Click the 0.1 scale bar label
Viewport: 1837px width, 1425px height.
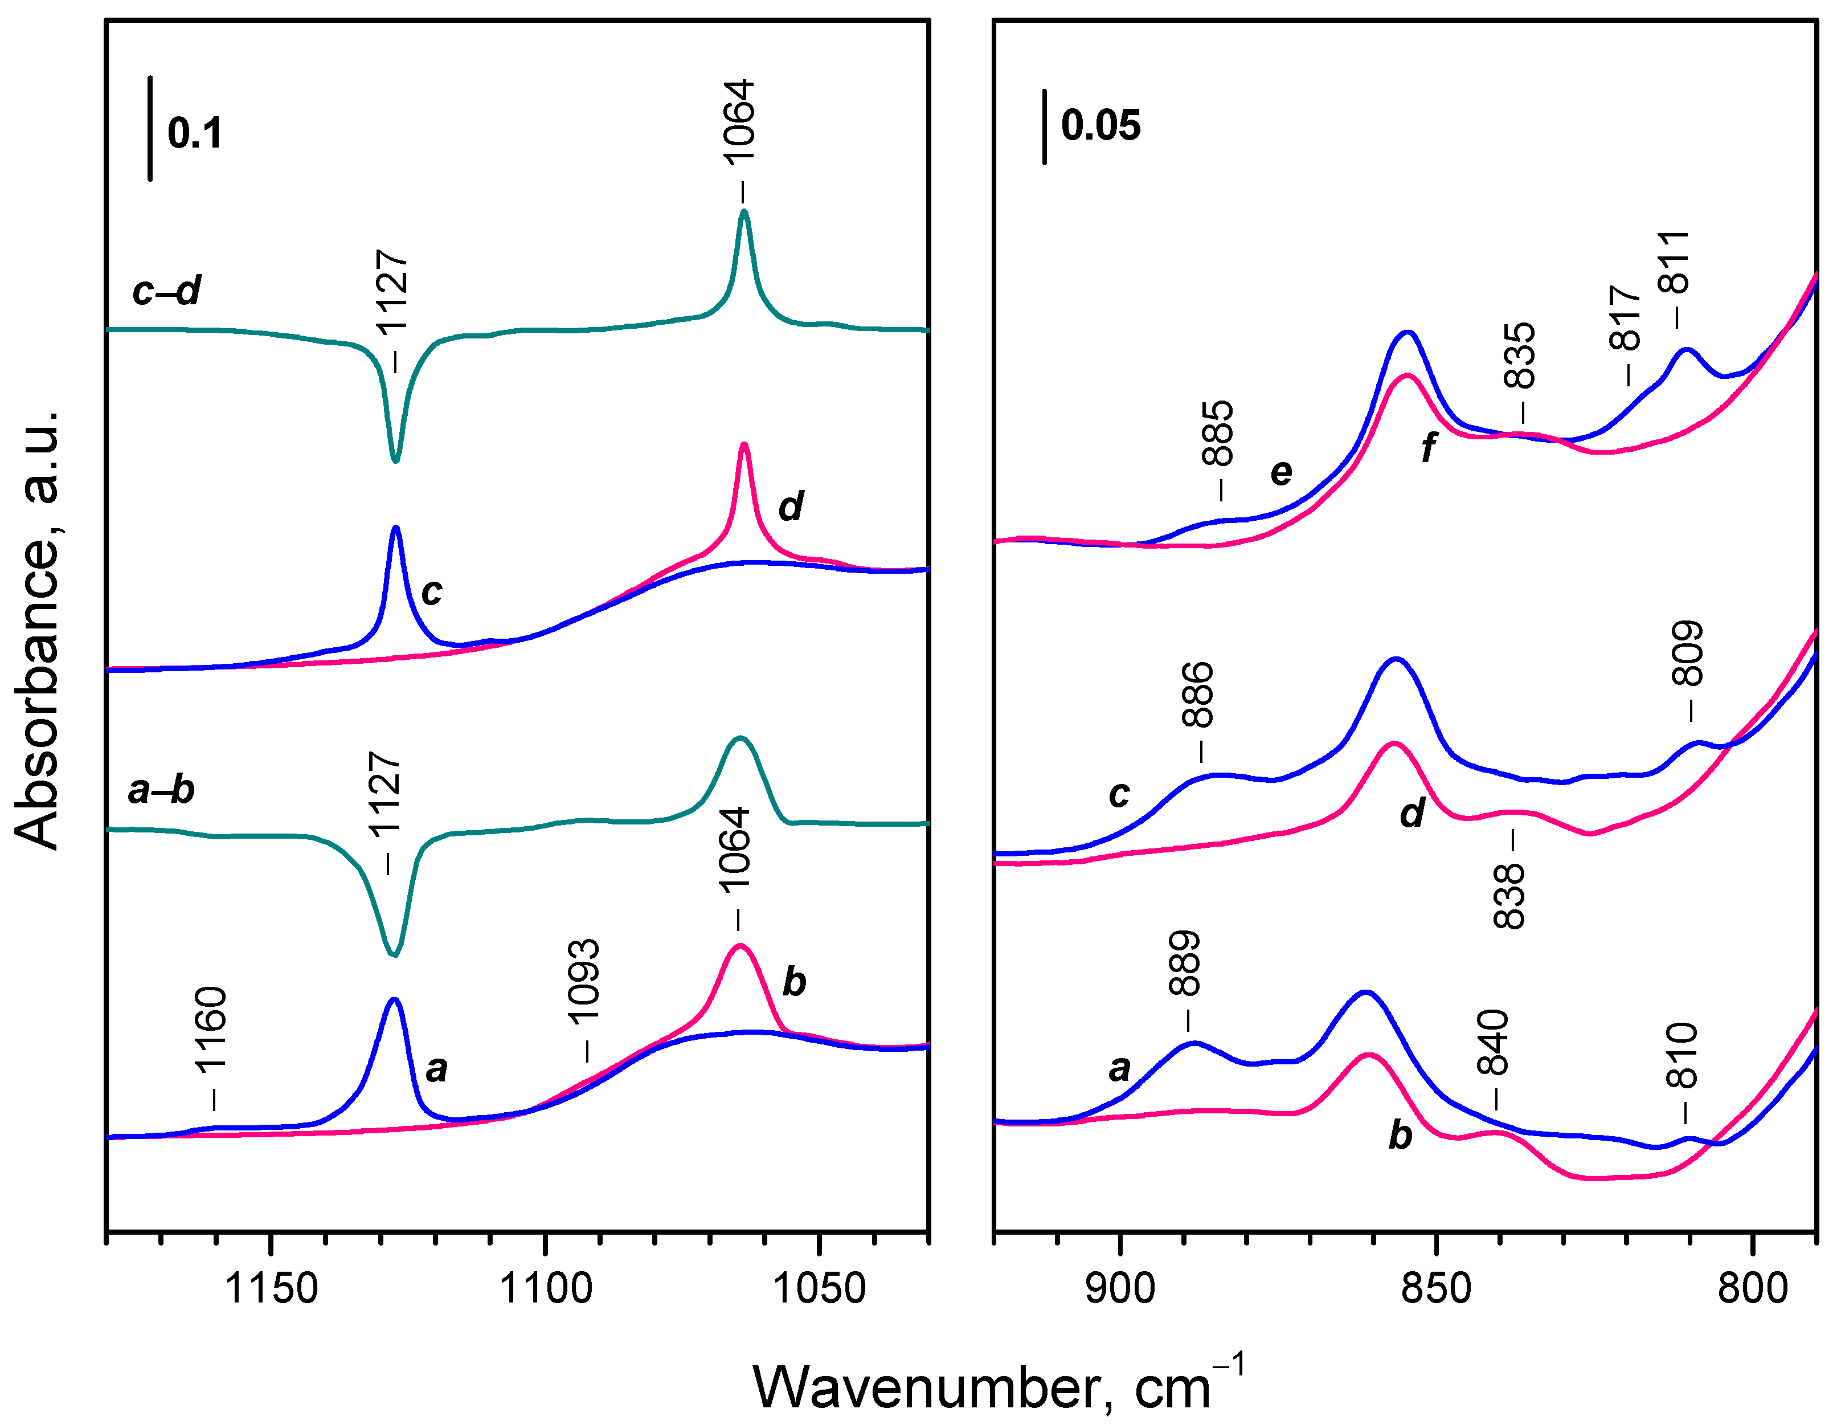194,133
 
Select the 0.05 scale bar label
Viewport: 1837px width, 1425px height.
1100,125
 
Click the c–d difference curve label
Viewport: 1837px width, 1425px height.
166,291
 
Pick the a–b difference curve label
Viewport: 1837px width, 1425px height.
161,790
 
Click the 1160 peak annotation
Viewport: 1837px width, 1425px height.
210,1031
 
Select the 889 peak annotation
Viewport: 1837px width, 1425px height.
1184,963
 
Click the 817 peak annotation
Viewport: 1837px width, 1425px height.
1625,318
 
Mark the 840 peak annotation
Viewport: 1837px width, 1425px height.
1494,1043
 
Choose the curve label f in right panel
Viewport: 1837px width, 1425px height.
1428,447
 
